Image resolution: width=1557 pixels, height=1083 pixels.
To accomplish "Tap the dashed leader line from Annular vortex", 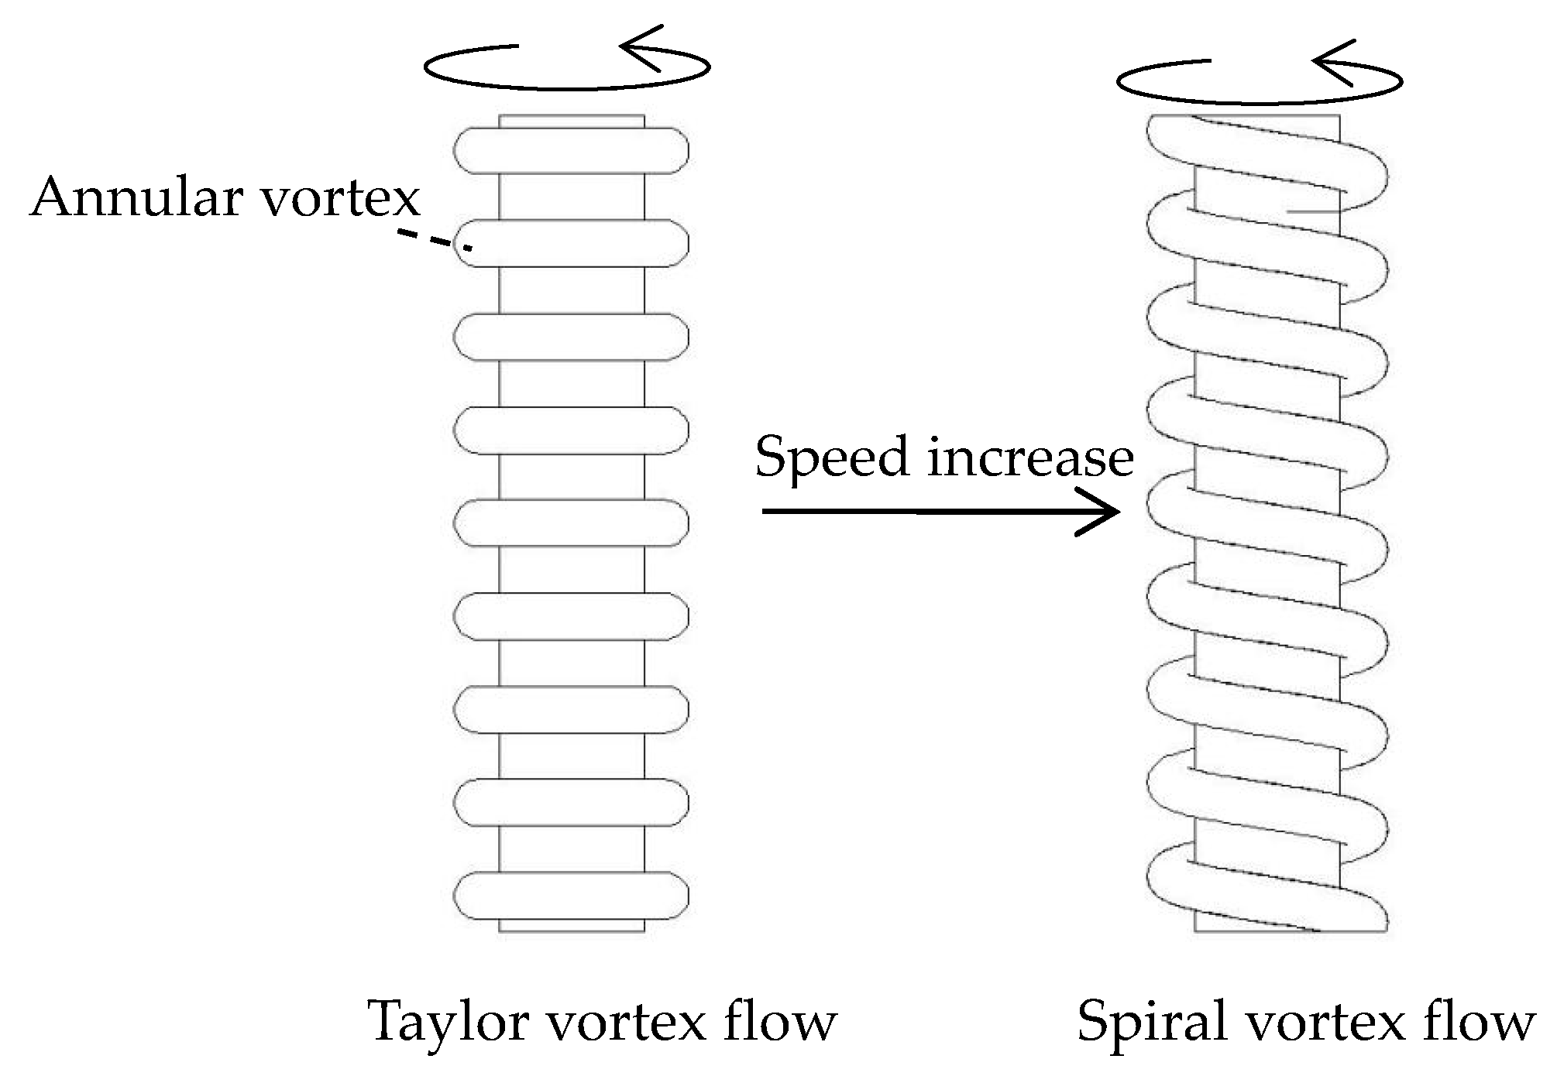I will click(x=424, y=238).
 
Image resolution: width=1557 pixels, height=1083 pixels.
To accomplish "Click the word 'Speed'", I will click(x=831, y=458).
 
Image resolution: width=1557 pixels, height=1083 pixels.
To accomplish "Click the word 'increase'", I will click(x=1030, y=457).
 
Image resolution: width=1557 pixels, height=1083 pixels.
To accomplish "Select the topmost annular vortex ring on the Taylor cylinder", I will click(x=571, y=151).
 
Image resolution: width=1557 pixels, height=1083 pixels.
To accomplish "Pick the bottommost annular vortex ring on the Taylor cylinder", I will click(x=571, y=896).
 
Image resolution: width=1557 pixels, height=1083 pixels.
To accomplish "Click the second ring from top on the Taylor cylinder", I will click(x=571, y=244).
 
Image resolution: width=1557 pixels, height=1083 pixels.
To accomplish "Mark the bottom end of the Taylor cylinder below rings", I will click(x=571, y=926).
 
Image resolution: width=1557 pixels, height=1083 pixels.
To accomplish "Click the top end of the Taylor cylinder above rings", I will click(x=571, y=122).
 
